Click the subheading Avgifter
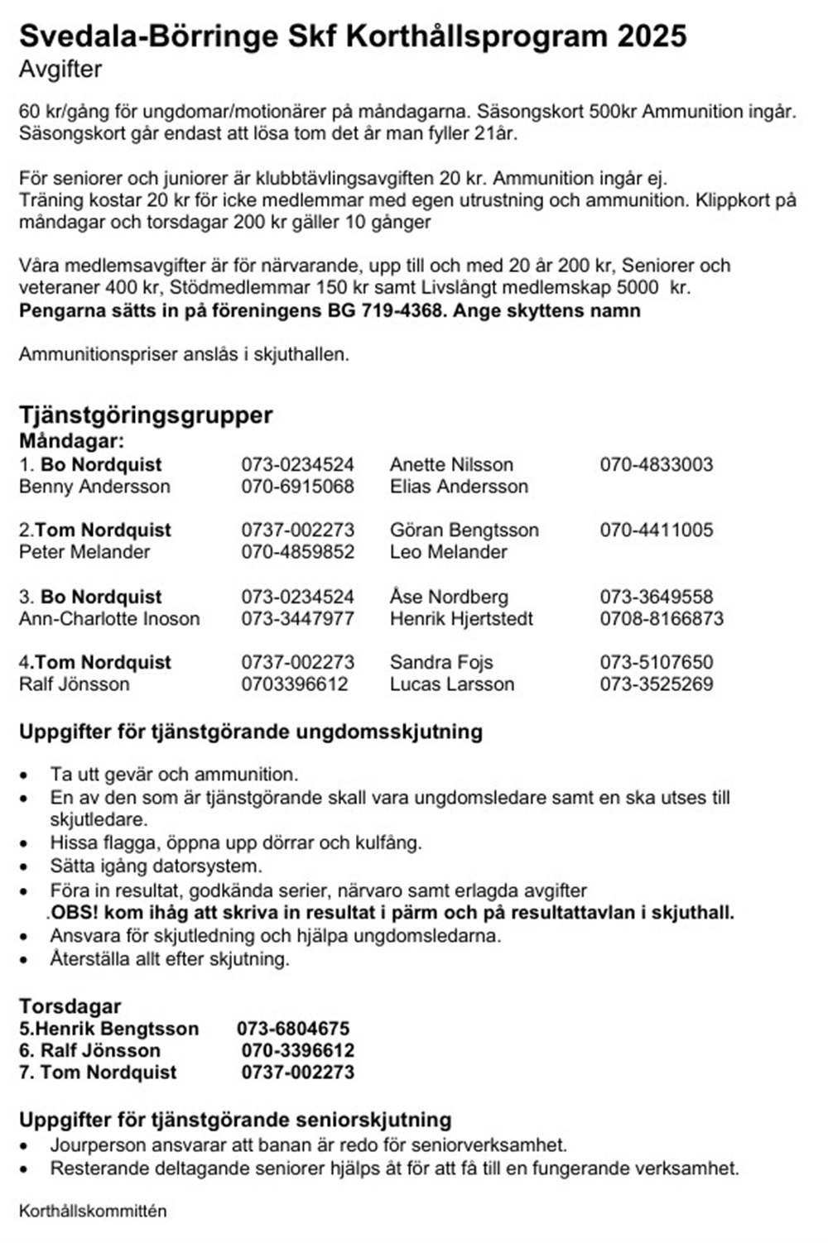pyautogui.click(x=60, y=70)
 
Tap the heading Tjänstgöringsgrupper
pyautogui.click(x=146, y=415)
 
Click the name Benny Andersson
pyautogui.click(x=94, y=487)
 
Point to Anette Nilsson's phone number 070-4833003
pyautogui.click(x=656, y=464)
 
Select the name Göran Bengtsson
pyautogui.click(x=464, y=530)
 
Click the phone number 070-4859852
pyautogui.click(x=297, y=552)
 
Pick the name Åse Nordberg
pyautogui.click(x=449, y=597)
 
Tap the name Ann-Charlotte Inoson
pyautogui.click(x=109, y=619)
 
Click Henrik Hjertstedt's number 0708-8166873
pyautogui.click(x=661, y=619)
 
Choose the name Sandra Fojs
pyautogui.click(x=440, y=662)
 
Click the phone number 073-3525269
pyautogui.click(x=656, y=684)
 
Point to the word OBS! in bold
pyautogui.click(x=75, y=913)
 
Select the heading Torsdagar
pyautogui.click(x=70, y=1006)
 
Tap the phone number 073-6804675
pyautogui.click(x=293, y=1029)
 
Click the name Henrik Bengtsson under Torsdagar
pyautogui.click(x=117, y=1029)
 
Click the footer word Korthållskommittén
pyautogui.click(x=93, y=1211)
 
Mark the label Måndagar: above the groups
pyautogui.click(x=71, y=441)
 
